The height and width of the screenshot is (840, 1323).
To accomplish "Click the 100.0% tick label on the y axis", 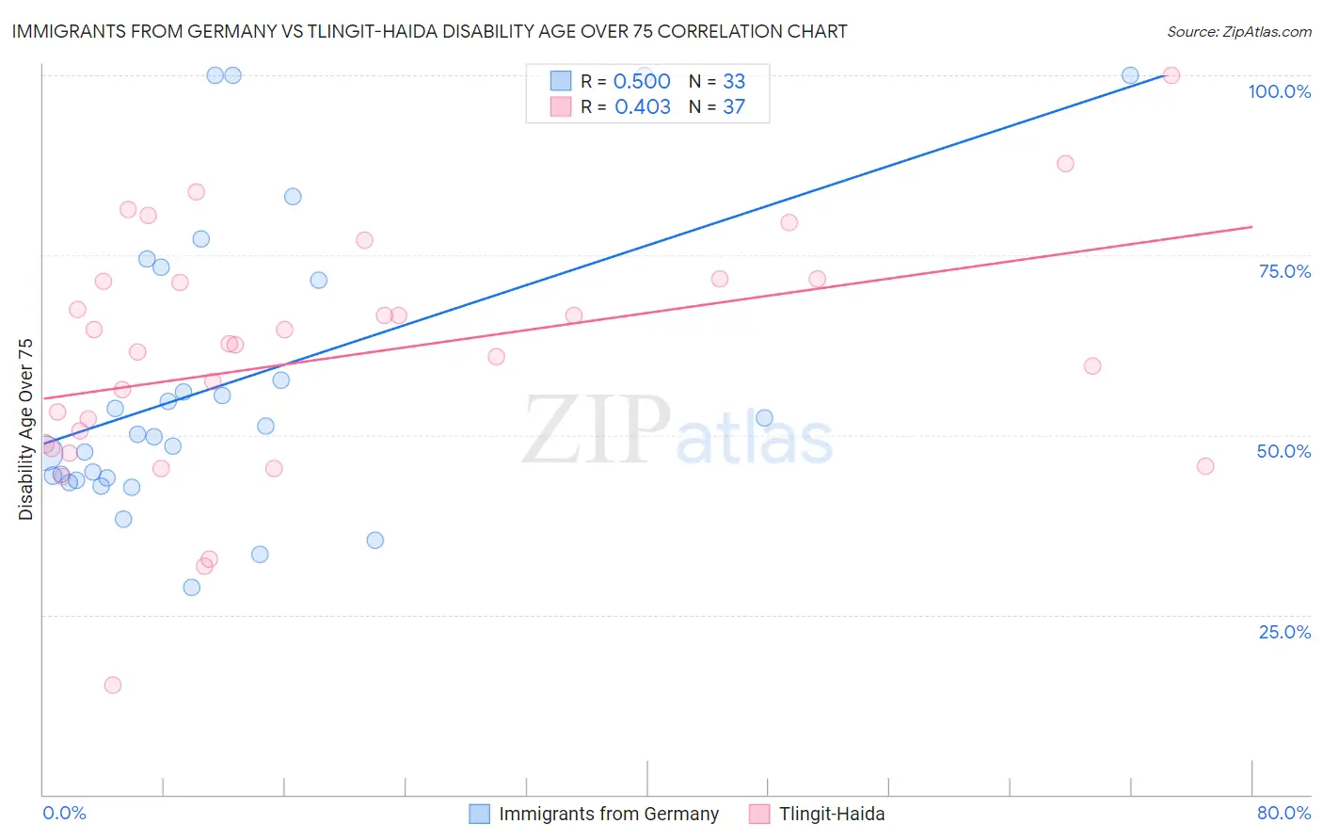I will [1279, 91].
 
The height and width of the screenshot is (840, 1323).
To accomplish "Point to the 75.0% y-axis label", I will [1284, 271].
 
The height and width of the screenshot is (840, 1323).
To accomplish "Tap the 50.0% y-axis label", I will [1283, 451].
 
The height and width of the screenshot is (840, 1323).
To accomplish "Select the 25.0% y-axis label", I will [1284, 631].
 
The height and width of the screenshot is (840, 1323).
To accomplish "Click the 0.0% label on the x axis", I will [64, 813].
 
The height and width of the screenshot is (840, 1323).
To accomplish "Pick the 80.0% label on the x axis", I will [1283, 813].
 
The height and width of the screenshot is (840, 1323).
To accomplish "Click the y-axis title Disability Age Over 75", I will [26, 429].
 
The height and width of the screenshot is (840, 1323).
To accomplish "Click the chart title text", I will [429, 31].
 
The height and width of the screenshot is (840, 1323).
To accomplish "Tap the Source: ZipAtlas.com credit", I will [1238, 31].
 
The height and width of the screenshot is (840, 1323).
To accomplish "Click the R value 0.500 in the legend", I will [642, 81].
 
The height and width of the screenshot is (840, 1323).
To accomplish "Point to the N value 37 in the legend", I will [734, 106].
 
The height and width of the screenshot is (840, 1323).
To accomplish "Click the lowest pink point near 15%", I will [113, 685].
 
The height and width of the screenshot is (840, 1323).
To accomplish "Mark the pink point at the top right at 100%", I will [1172, 75].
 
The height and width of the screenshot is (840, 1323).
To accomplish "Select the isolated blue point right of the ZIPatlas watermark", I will [764, 418].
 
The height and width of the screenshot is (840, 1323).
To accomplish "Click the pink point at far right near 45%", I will [1205, 466].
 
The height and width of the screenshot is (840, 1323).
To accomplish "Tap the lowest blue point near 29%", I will [192, 588].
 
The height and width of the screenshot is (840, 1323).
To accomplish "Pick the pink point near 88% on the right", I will [1065, 164].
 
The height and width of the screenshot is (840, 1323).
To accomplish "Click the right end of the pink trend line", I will [1251, 227].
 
